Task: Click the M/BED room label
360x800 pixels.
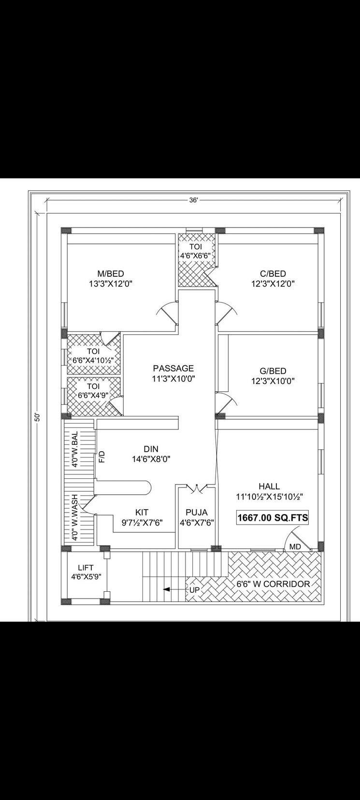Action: [111, 274]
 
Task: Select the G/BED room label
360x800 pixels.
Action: [273, 371]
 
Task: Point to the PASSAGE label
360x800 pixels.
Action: [173, 369]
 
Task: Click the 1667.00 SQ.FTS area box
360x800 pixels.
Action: [273, 518]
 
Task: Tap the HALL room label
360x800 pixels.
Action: [269, 486]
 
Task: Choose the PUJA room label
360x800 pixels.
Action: [197, 512]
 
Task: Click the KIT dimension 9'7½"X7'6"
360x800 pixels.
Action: [142, 522]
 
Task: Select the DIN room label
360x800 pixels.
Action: [151, 449]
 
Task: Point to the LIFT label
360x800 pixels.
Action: [86, 568]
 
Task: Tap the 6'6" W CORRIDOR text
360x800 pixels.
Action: [273, 584]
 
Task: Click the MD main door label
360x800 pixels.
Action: [295, 546]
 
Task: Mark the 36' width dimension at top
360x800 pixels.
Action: [193, 200]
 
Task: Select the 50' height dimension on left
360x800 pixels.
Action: [37, 416]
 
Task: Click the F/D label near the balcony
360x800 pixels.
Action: [102, 457]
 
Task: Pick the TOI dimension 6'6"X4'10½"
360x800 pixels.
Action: [93, 360]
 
